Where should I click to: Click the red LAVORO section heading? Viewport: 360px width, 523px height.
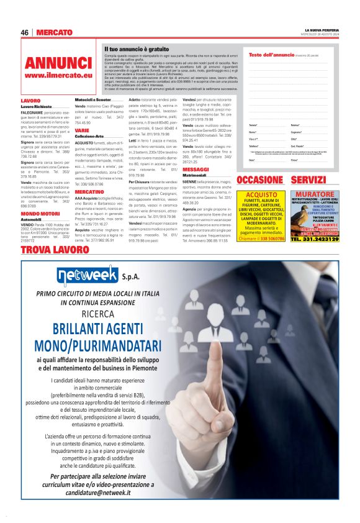[30, 100]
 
